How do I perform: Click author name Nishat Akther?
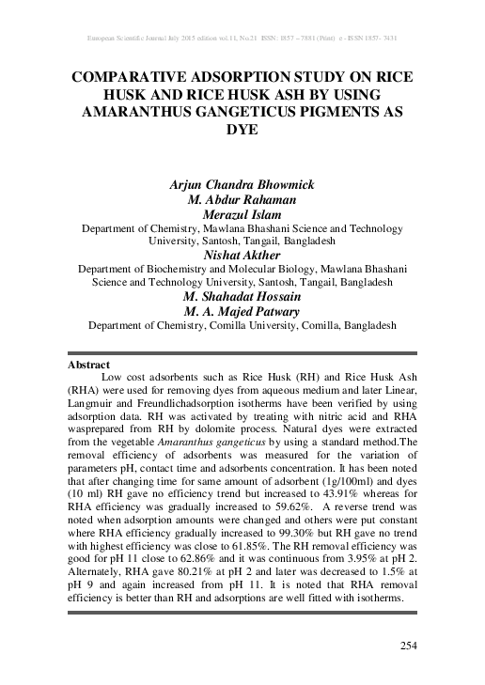(242, 254)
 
